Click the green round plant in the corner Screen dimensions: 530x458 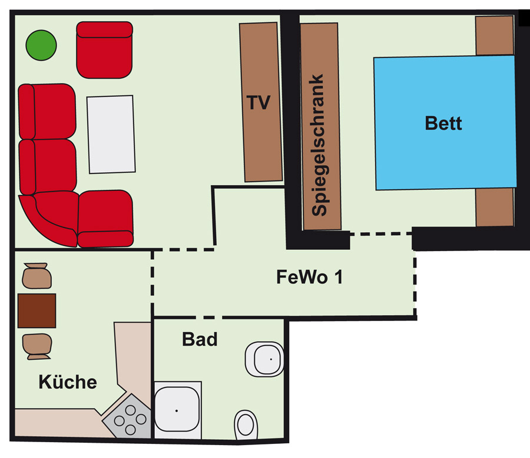click(x=41, y=45)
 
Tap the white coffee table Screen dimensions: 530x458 click(x=111, y=134)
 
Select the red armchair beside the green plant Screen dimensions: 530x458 click(x=104, y=50)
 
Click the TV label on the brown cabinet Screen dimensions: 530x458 click(x=259, y=102)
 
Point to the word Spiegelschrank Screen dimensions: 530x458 click(x=319, y=145)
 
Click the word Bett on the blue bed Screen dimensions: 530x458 click(x=443, y=123)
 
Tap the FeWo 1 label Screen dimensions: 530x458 click(x=310, y=277)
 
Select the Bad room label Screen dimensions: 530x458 click(x=200, y=339)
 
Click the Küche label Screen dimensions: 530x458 click(x=68, y=382)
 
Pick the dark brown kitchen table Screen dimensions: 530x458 click(x=37, y=310)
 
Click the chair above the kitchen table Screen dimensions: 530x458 click(x=37, y=276)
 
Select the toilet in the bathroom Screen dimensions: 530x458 click(x=246, y=424)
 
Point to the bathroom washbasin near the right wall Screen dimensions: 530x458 click(x=264, y=359)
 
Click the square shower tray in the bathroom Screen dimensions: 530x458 click(x=177, y=410)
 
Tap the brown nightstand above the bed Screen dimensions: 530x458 click(x=495, y=35)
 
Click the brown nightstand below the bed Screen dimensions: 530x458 click(x=495, y=207)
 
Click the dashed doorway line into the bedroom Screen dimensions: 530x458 click(x=380, y=233)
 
